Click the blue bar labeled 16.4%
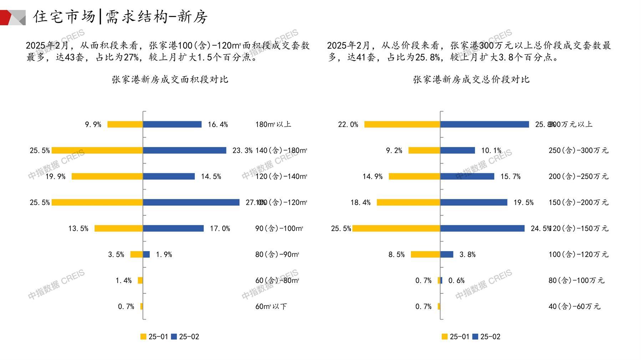click(172, 124)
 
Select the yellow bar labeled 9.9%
click(125, 124)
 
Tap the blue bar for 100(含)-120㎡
click(191, 202)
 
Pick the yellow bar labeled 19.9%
click(107, 176)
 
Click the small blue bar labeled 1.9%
click(146, 254)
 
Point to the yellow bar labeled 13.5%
click(119, 228)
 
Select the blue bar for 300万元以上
click(484, 124)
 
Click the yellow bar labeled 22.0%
click(402, 124)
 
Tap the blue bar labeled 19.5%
click(474, 202)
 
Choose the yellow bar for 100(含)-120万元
click(425, 254)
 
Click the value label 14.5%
click(211, 176)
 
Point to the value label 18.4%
click(360, 202)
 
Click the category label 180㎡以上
click(273, 124)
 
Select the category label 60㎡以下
click(271, 307)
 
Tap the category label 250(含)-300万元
click(578, 150)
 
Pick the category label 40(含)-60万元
click(574, 307)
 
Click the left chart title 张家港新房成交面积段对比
click(170, 79)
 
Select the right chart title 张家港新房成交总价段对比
click(471, 79)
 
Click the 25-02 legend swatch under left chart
click(174, 336)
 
